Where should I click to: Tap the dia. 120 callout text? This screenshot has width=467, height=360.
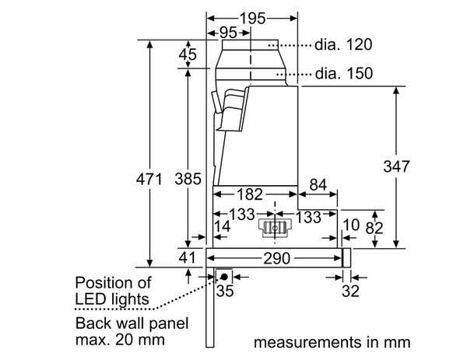pyautogui.click(x=345, y=44)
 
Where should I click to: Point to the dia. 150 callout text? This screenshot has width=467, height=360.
pyautogui.click(x=345, y=74)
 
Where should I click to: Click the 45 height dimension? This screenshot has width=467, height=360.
pyautogui.click(x=188, y=54)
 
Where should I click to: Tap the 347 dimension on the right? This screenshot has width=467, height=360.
pyautogui.click(x=397, y=166)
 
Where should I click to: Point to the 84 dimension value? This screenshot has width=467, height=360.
pyautogui.click(x=318, y=185)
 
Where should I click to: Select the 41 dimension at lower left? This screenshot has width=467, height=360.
pyautogui.click(x=188, y=257)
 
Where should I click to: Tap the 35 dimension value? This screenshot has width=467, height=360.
pyautogui.click(x=224, y=292)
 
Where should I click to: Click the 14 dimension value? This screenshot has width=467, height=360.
pyautogui.click(x=223, y=227)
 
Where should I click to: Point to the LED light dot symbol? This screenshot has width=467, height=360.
pyautogui.click(x=223, y=275)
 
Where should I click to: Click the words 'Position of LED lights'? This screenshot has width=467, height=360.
pyautogui.click(x=113, y=290)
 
